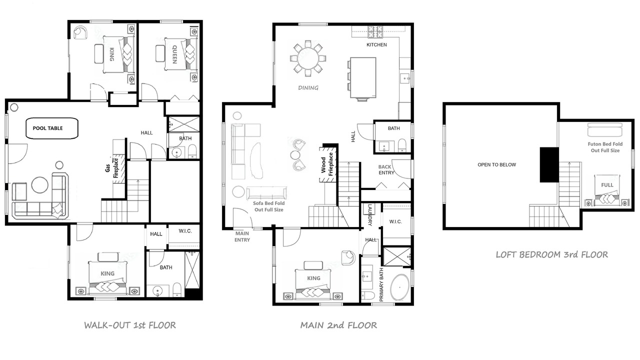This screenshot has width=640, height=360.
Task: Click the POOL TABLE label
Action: pos(47,128)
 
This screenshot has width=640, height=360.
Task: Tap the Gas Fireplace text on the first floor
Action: pos(111,167)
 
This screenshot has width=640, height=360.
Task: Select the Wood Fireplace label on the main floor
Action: pos(327,164)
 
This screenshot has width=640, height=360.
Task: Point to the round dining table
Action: pos(308,58)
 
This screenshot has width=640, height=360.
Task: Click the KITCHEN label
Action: pos(376,45)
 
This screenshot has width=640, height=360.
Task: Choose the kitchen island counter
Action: pos(363,77)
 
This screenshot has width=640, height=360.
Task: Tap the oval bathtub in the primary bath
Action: pos(399,287)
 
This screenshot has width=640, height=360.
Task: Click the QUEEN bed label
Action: pos(175,54)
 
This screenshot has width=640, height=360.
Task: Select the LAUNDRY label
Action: pos(369,215)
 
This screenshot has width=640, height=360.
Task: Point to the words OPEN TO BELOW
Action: pos(497,165)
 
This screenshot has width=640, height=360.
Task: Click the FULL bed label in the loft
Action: pos(607,185)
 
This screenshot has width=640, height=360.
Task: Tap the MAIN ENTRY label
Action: pos(242,236)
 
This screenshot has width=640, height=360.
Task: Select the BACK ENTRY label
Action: pos(386,169)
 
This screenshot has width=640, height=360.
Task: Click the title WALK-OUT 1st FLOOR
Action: pos(130,325)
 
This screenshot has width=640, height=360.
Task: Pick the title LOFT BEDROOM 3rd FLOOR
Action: pos(551,254)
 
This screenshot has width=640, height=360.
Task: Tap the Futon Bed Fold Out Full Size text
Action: pos(605,147)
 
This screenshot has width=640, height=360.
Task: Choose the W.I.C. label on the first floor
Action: pos(185,231)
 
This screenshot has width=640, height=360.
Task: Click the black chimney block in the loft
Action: pos(549,165)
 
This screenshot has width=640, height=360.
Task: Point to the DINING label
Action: pos(308,87)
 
